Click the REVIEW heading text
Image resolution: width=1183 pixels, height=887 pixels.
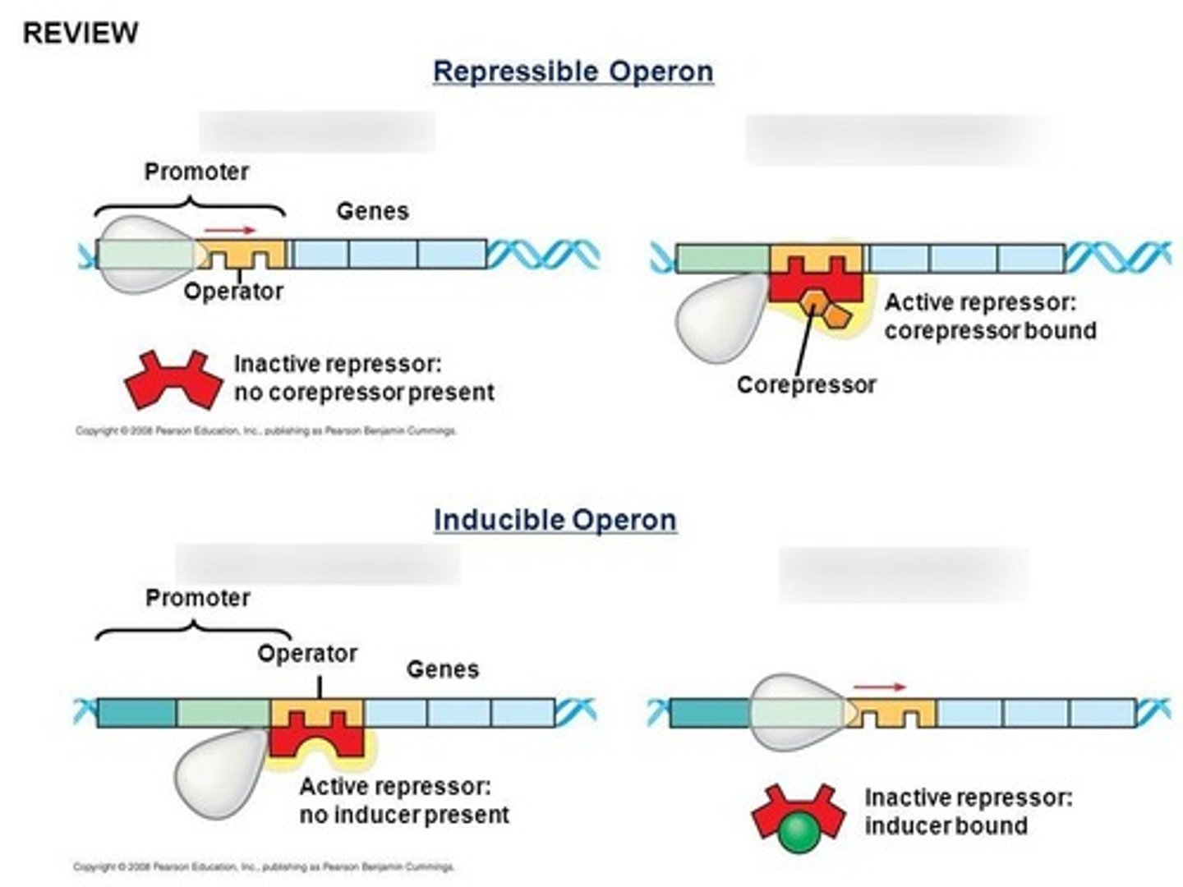pyautogui.click(x=80, y=33)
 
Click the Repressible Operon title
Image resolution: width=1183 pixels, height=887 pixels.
pyautogui.click(x=573, y=71)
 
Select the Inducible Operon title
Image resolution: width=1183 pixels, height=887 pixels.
pyautogui.click(x=555, y=520)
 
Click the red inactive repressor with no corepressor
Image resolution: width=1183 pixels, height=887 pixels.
pyautogui.click(x=173, y=379)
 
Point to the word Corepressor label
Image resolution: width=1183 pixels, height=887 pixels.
pyautogui.click(x=806, y=384)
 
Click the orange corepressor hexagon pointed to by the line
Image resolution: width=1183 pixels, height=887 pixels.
pyautogui.click(x=813, y=301)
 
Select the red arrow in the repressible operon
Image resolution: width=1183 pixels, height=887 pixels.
pyautogui.click(x=230, y=231)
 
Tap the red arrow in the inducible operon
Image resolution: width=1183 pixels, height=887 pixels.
pyautogui.click(x=879, y=687)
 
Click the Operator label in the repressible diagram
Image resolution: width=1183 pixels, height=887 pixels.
pyautogui.click(x=233, y=291)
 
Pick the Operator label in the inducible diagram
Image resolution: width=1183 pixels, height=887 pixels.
pyautogui.click(x=307, y=654)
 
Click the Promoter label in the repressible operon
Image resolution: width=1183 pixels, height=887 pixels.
pyautogui.click(x=196, y=172)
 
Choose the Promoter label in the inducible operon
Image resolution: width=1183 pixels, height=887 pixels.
pyautogui.click(x=197, y=598)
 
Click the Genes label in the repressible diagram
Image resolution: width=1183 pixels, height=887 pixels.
pyautogui.click(x=372, y=211)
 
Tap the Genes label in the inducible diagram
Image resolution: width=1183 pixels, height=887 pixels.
pyautogui.click(x=442, y=669)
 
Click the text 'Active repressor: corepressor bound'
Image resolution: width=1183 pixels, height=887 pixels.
pyautogui.click(x=990, y=316)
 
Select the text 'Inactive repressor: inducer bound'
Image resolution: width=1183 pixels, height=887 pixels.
pyautogui.click(x=968, y=811)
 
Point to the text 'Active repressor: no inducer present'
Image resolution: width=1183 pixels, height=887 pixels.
pyautogui.click(x=403, y=801)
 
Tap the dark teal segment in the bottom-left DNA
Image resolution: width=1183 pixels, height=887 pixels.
pyautogui.click(x=136, y=712)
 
